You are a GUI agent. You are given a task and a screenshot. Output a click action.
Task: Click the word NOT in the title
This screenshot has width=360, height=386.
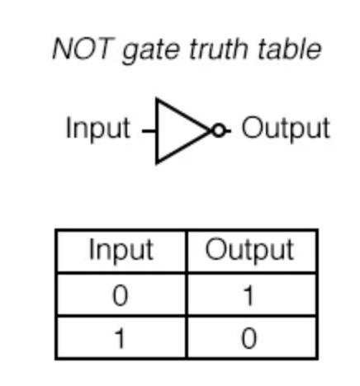click(x=83, y=49)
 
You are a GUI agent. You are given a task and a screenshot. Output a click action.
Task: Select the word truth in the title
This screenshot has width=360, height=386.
click(x=219, y=49)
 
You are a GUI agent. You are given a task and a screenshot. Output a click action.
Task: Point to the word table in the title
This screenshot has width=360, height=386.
click(x=290, y=49)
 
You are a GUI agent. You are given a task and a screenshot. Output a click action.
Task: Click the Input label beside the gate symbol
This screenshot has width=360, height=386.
click(x=98, y=129)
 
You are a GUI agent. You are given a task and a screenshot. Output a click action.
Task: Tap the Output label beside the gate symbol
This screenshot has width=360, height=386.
click(x=286, y=129)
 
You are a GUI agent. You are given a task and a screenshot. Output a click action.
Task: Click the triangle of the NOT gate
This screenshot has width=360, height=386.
click(x=157, y=131)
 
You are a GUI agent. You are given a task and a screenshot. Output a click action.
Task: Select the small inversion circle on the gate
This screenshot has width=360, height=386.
click(x=219, y=130)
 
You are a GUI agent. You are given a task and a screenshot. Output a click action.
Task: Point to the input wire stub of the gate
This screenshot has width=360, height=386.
click(x=149, y=131)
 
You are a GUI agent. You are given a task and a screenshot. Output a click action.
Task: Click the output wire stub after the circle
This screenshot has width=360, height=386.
click(x=228, y=130)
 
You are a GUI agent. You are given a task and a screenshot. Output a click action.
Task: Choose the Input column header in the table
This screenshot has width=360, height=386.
click(x=121, y=250)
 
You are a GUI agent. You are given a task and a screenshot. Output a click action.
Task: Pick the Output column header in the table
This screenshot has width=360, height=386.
click(x=249, y=250)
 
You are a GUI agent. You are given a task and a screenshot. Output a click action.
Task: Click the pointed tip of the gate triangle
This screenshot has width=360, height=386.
click(x=211, y=131)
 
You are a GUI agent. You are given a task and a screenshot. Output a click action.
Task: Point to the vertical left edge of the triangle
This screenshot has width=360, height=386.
click(x=157, y=131)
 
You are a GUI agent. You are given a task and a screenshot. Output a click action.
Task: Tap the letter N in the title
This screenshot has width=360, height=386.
click(x=63, y=49)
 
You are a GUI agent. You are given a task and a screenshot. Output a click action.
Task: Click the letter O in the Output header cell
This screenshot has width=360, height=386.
click(x=216, y=250)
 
